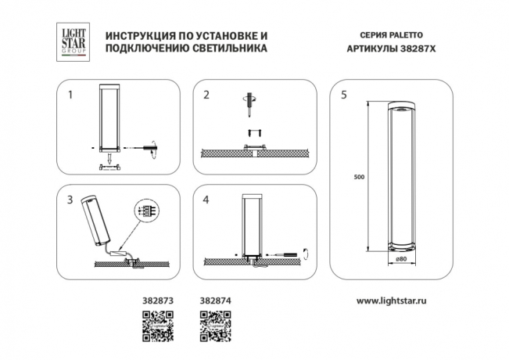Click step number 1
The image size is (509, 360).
pos(70,95)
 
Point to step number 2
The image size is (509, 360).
pos(206,95)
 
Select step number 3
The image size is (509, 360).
pos(70,200)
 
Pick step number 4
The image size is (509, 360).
pos(206,200)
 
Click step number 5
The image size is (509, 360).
pos(344,95)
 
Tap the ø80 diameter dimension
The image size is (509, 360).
pos(400,259)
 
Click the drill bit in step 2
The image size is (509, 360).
pos(252,101)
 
